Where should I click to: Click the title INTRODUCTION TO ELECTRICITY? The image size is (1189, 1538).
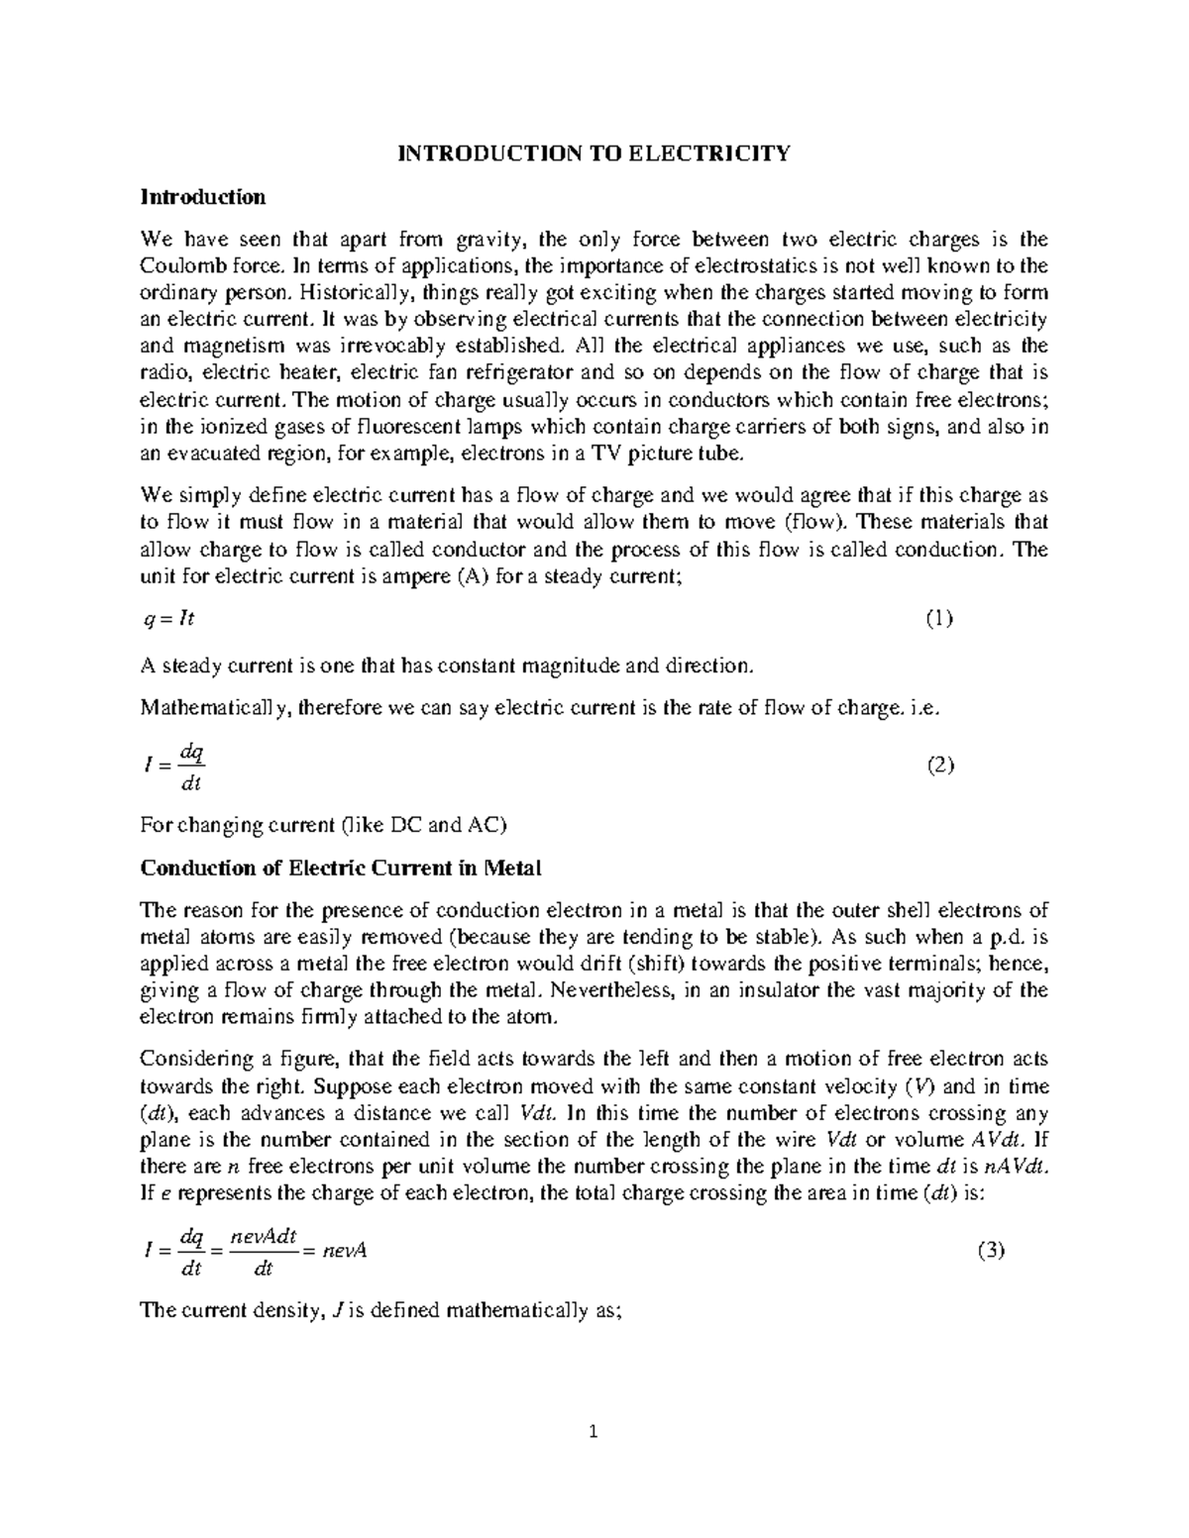click(x=594, y=154)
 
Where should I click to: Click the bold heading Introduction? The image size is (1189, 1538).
click(x=203, y=197)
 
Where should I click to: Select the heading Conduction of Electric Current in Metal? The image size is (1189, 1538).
click(x=341, y=869)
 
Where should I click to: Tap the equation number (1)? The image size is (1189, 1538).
click(x=938, y=619)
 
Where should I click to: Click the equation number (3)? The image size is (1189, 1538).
click(x=991, y=1251)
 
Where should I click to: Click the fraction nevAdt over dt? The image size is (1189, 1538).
click(x=263, y=1252)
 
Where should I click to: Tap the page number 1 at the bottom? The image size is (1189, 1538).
click(x=594, y=1431)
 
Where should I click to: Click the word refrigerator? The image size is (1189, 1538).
click(x=524, y=373)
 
